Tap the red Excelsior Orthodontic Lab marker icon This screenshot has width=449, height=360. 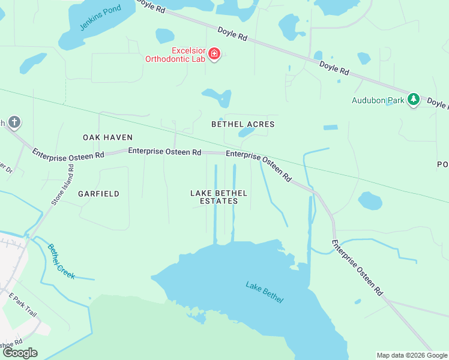point(214,55)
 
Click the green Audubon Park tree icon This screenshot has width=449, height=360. point(413,100)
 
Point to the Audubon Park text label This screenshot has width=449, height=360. point(378,100)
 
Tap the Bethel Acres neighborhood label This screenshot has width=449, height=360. point(243,124)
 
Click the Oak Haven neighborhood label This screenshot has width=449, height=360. point(107,137)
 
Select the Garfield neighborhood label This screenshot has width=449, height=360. point(98,194)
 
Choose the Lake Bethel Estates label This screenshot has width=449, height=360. point(218,197)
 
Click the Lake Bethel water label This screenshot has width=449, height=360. point(264,292)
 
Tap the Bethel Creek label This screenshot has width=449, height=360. point(61,261)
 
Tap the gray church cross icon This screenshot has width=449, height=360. point(14,123)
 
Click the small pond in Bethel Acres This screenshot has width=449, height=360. point(246,132)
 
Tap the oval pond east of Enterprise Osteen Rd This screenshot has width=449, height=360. point(370,201)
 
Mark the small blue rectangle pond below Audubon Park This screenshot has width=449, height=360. point(330,127)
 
